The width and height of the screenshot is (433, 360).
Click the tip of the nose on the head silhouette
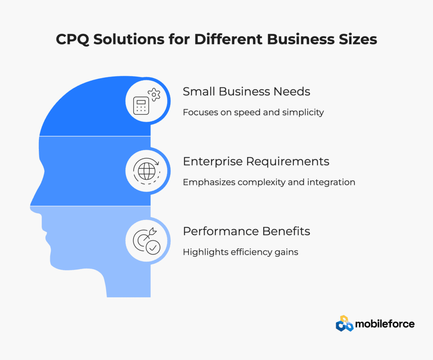click(x=30, y=206)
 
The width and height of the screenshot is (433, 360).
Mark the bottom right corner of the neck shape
click(x=151, y=297)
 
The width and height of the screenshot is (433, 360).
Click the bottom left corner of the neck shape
click(x=107, y=297)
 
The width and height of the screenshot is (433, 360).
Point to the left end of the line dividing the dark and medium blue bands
click(x=39, y=136)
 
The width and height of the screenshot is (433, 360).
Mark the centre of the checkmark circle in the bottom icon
click(x=153, y=247)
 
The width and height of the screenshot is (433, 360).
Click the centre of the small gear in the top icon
click(x=154, y=94)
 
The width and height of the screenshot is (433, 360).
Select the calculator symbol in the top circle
click(x=141, y=105)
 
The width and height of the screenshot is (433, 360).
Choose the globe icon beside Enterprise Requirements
click(x=147, y=171)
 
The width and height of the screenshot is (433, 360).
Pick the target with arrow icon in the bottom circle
click(x=147, y=241)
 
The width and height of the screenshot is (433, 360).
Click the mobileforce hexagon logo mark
click(x=344, y=323)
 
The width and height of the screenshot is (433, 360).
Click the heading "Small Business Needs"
click(x=247, y=91)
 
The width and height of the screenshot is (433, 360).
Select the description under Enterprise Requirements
click(x=269, y=182)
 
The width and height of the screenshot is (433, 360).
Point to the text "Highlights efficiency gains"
click(x=241, y=252)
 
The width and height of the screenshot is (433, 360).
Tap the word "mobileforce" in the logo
click(x=385, y=324)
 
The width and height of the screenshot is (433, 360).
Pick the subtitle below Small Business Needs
click(x=253, y=113)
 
